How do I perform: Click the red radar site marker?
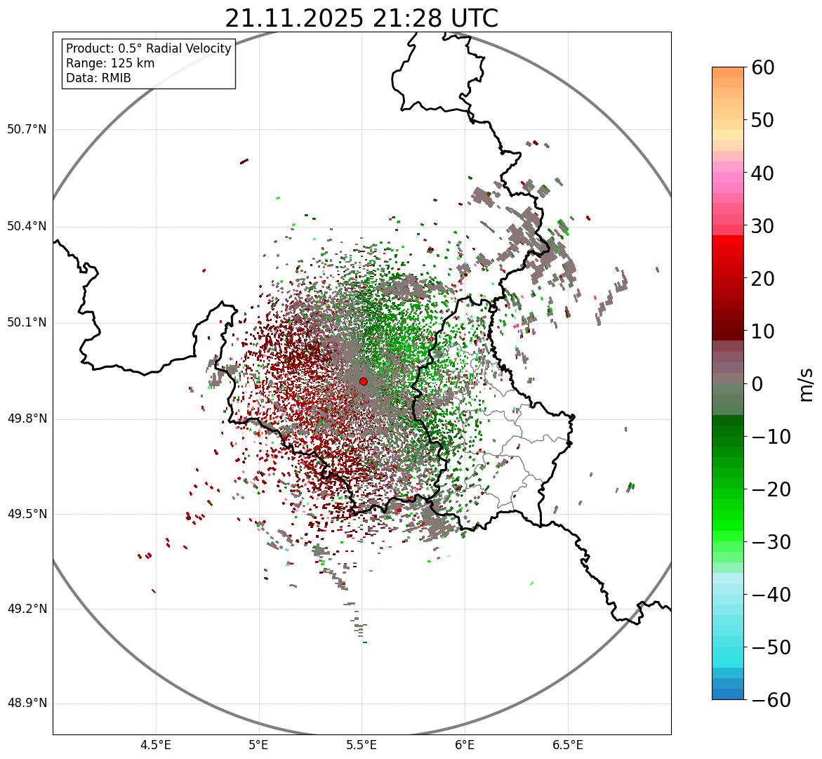tap(363, 381)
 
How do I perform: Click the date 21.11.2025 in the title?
tap(294, 18)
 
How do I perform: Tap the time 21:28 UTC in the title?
tap(435, 18)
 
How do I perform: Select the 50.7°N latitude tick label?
tap(27, 129)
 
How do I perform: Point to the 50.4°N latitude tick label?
tap(27, 226)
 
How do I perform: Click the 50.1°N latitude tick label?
tap(27, 323)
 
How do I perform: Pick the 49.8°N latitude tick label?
tap(27, 419)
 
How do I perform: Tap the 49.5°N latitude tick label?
tap(27, 514)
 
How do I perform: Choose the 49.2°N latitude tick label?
tap(27, 609)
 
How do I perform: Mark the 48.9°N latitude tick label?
tap(27, 704)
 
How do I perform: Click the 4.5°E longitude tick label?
tap(156, 745)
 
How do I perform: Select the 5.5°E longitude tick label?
tap(362, 745)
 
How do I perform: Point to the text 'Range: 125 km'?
tap(110, 63)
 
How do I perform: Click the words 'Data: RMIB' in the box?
tap(98, 78)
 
